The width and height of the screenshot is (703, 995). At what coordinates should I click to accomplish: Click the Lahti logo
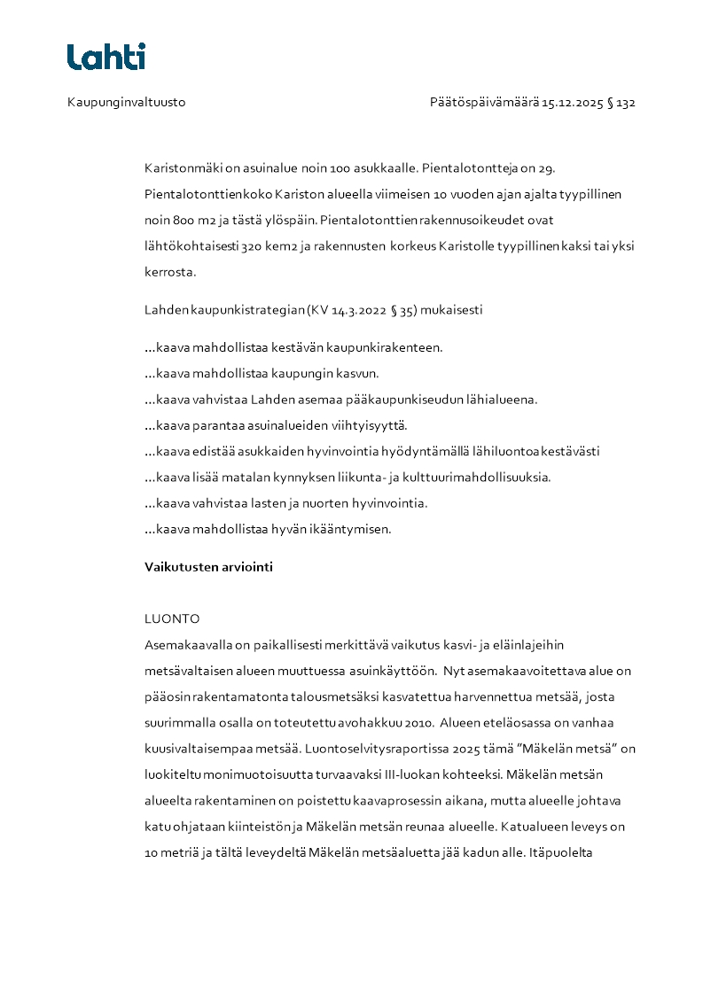(106, 57)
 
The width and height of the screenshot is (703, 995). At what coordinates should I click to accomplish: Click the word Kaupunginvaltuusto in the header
(127, 102)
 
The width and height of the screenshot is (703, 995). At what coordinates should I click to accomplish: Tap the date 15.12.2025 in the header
(573, 102)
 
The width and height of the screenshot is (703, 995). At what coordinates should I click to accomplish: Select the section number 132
(626, 102)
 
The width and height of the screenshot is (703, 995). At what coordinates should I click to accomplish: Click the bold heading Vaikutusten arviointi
(208, 567)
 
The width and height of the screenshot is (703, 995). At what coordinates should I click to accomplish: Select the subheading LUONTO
(172, 618)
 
